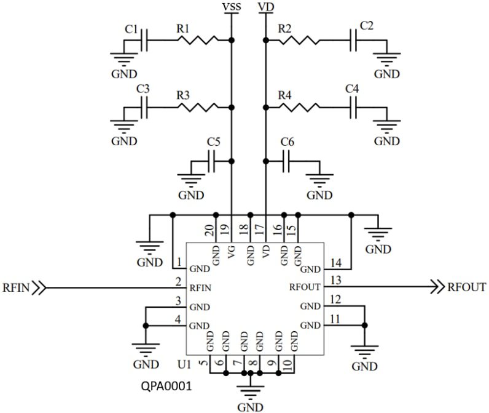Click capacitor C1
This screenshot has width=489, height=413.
pos(144,41)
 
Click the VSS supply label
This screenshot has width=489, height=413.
pos(230,7)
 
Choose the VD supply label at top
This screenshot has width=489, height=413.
pos(265,7)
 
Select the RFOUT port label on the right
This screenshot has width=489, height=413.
pos(467,287)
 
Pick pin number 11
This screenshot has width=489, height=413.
pos(335,319)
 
